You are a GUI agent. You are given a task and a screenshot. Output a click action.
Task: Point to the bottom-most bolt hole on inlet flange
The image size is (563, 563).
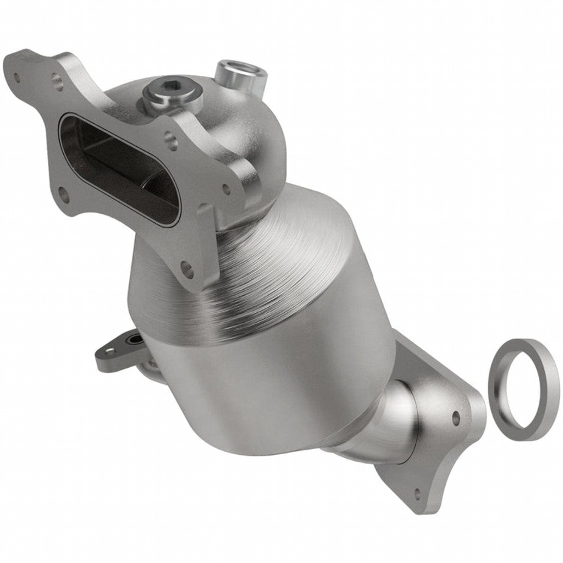pyautogui.click(x=187, y=269)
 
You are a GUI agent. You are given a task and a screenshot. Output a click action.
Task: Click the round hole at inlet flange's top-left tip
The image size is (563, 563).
pyautogui.click(x=16, y=76)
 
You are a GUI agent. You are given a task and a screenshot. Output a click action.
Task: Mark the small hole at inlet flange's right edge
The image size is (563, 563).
pyautogui.click(x=225, y=189)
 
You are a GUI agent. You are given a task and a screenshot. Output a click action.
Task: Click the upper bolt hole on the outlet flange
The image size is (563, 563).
pyautogui.click(x=455, y=418)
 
